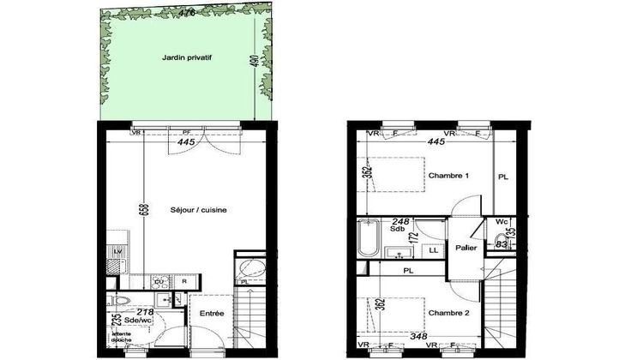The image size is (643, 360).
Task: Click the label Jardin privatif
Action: click(x=186, y=58)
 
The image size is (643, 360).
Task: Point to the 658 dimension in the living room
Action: click(x=144, y=209)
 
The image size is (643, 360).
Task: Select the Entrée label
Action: click(x=211, y=314)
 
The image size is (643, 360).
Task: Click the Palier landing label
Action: click(x=466, y=248)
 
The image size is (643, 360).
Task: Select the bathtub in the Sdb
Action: click(x=368, y=239)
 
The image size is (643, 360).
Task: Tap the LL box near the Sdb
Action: click(x=434, y=249)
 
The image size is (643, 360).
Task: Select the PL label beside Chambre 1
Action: click(x=502, y=177)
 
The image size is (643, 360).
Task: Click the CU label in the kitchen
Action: click(x=159, y=281)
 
